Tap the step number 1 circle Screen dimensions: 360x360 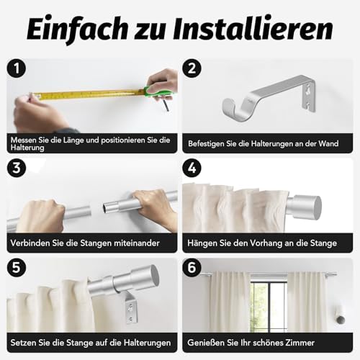[x=17, y=68]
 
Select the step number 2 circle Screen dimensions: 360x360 [x=192, y=68]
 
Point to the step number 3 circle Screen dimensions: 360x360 [x=17, y=168]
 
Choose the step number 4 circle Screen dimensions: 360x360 [x=192, y=168]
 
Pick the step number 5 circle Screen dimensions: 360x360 [x=17, y=267]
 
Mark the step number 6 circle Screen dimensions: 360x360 [x=192, y=267]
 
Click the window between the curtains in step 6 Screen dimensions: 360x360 [x=269, y=305]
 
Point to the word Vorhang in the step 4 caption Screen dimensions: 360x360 [x=266, y=243]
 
